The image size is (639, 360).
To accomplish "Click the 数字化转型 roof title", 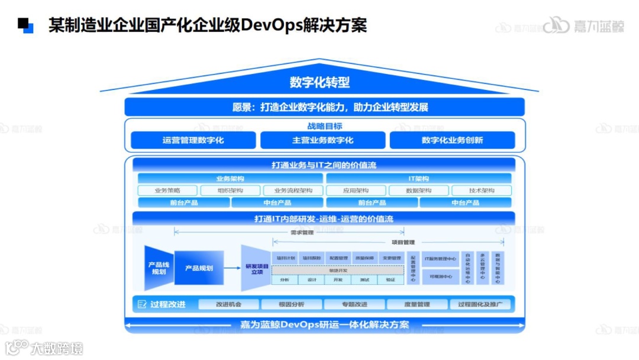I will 319,82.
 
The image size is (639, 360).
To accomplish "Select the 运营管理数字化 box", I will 193,140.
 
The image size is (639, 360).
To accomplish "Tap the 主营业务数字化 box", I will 322,140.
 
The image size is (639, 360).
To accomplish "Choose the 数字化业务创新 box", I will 452,140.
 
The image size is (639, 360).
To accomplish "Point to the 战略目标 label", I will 324,126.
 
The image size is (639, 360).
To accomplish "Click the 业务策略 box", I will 167,191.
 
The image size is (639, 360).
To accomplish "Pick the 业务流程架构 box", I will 293,191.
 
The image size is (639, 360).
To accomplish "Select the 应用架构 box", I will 356,191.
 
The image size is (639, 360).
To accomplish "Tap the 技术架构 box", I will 482,191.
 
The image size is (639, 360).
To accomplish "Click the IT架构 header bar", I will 418,178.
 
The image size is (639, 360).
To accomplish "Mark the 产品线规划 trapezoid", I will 159,268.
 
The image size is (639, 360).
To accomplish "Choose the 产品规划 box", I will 199,268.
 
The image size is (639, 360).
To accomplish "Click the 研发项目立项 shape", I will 256,267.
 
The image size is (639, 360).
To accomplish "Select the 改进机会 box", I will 228,304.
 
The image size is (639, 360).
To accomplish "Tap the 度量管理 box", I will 417,304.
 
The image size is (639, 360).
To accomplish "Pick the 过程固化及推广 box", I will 480,304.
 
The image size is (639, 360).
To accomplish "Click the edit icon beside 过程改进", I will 142,304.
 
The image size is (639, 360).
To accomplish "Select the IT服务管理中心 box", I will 440,258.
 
